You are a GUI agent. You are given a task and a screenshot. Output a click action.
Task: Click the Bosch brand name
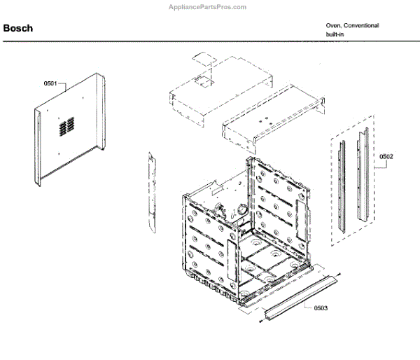(17, 29)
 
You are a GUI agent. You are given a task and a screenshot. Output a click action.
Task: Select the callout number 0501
(50, 84)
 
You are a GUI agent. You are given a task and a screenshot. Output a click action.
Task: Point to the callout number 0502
(386, 157)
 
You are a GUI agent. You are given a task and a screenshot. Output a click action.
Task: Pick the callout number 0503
(321, 308)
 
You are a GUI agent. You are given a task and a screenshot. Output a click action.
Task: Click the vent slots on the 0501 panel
(66, 127)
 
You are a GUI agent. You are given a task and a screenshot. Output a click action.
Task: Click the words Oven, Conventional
(352, 25)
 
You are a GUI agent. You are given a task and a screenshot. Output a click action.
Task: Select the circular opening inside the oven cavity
(242, 209)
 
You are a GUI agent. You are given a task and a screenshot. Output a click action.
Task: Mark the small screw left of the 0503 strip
(261, 321)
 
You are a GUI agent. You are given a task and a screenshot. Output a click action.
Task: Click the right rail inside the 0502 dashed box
(363, 179)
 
